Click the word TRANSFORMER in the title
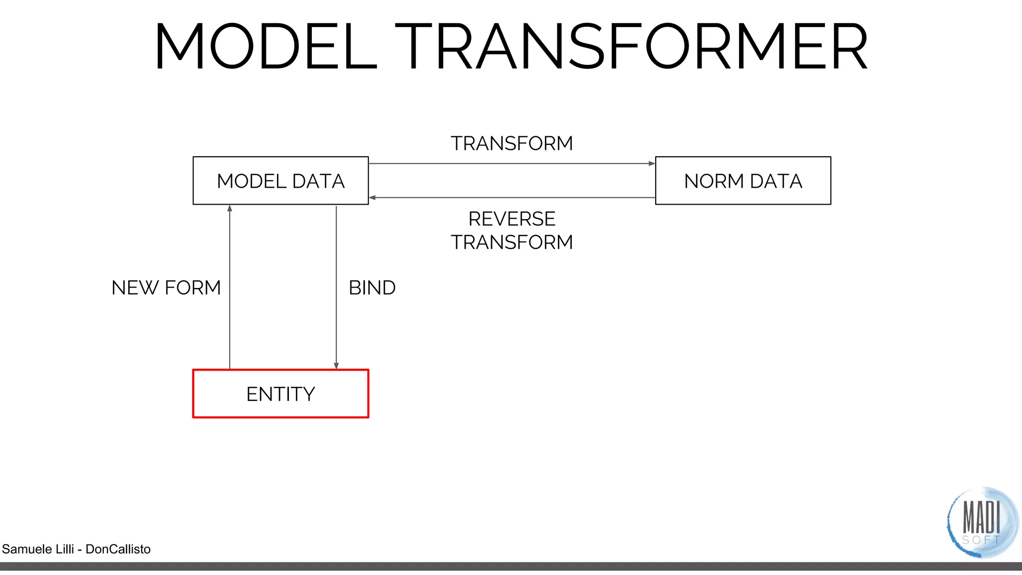coord(632,46)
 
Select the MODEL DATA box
coord(280,181)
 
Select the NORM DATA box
coord(743,181)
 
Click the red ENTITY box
coord(280,394)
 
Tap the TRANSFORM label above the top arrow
coord(511,144)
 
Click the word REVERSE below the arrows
coord(511,219)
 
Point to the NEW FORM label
coord(166,288)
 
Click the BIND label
coord(372,288)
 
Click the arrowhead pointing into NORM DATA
coord(652,164)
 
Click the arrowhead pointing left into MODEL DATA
coord(372,198)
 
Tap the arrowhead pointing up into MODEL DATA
coord(230,208)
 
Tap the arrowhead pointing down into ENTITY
coord(336,366)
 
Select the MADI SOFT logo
coord(982,522)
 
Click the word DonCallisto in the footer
coord(118,549)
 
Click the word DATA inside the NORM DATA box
coord(776,181)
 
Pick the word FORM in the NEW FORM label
coord(193,288)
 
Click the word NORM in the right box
coord(714,181)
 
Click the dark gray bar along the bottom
coord(511,567)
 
